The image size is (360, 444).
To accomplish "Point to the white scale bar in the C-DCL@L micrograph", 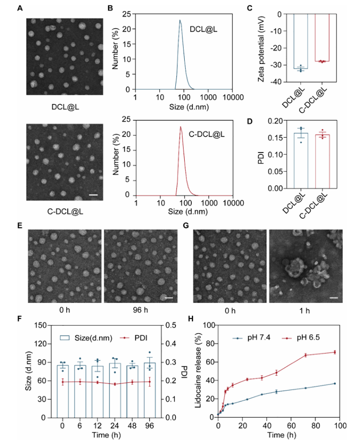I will pyautogui.click(x=93, y=194).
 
